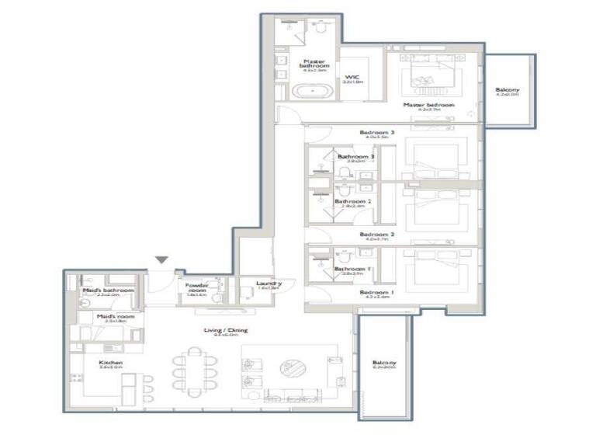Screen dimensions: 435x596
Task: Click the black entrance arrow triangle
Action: pyautogui.click(x=161, y=261)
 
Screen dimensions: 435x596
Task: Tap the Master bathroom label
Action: pyautogui.click(x=314, y=64)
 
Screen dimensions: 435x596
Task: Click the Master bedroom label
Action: pyautogui.click(x=428, y=105)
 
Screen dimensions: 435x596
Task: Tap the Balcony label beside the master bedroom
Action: pyautogui.click(x=508, y=91)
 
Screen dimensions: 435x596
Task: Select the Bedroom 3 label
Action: pyautogui.click(x=377, y=133)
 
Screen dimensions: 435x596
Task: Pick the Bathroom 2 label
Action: pyautogui.click(x=349, y=202)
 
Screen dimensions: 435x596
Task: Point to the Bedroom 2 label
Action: pyautogui.click(x=377, y=234)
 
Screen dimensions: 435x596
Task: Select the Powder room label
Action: pyautogui.click(x=196, y=287)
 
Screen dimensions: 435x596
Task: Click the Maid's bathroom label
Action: pyautogui.click(x=108, y=291)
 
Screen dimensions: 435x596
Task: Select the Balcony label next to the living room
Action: pyautogui.click(x=383, y=364)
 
